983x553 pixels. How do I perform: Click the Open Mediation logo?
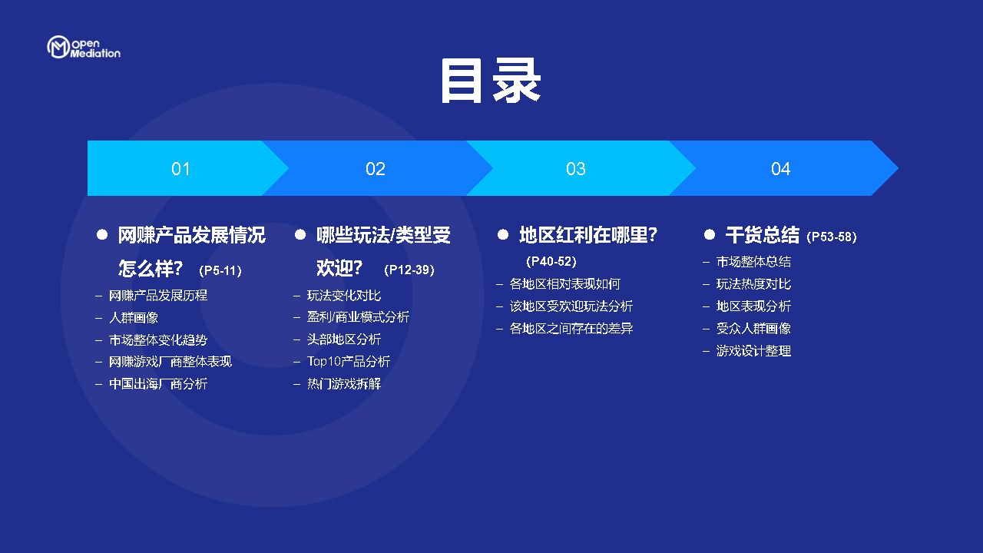pos(84,48)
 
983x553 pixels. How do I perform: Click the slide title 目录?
pos(491,81)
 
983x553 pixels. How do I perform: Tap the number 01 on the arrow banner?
pos(180,169)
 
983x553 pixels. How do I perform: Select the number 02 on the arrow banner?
pos(376,169)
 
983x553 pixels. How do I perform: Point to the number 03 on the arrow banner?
pos(575,169)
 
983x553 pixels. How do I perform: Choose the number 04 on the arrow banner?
pos(780,169)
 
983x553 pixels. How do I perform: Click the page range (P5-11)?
pos(220,270)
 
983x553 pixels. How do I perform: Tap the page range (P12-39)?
pos(409,270)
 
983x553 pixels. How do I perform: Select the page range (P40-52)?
pos(551,261)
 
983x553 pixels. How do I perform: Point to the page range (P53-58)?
pos(832,237)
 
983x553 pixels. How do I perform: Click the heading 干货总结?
pos(763,235)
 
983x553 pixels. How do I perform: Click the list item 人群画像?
pos(134,317)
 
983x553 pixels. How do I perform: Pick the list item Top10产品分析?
pos(349,361)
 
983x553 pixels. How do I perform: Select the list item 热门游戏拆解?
pos(344,383)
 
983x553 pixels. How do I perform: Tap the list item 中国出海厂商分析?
pos(158,383)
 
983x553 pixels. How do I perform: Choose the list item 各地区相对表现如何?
pos(564,284)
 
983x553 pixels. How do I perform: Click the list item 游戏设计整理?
pos(753,351)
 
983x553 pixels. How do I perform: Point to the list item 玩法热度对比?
pos(753,284)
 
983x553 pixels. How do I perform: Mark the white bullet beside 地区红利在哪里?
pos(503,235)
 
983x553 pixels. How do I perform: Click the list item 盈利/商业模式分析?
pos(358,317)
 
